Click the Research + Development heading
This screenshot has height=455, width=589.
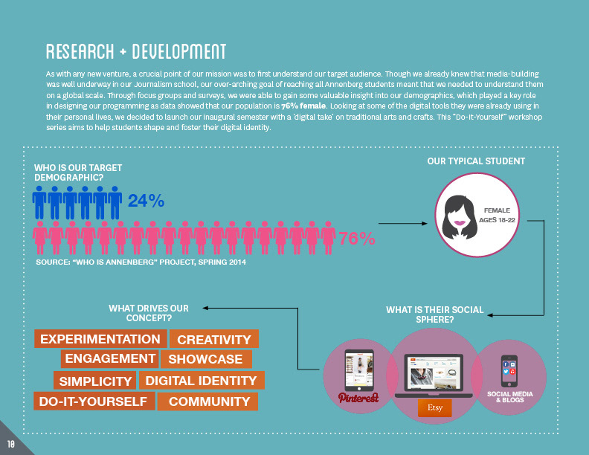(x=135, y=52)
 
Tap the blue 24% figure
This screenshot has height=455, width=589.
(x=146, y=201)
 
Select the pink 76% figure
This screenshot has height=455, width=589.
(x=357, y=239)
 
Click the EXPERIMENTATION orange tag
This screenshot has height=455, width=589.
(x=100, y=339)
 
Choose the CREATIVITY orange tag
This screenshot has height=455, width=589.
(x=214, y=340)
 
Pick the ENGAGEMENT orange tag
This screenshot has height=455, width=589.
(x=109, y=359)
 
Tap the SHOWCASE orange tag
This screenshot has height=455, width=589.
(x=205, y=360)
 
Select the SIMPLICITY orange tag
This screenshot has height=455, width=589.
(x=95, y=381)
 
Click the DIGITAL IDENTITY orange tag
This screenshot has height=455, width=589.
(x=201, y=381)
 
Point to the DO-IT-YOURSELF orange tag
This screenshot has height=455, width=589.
(x=94, y=401)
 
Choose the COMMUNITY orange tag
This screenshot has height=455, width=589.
(x=210, y=401)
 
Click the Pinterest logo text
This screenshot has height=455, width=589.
(x=358, y=398)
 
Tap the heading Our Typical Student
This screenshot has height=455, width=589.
(x=476, y=161)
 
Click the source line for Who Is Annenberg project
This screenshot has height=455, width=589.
(x=141, y=262)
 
